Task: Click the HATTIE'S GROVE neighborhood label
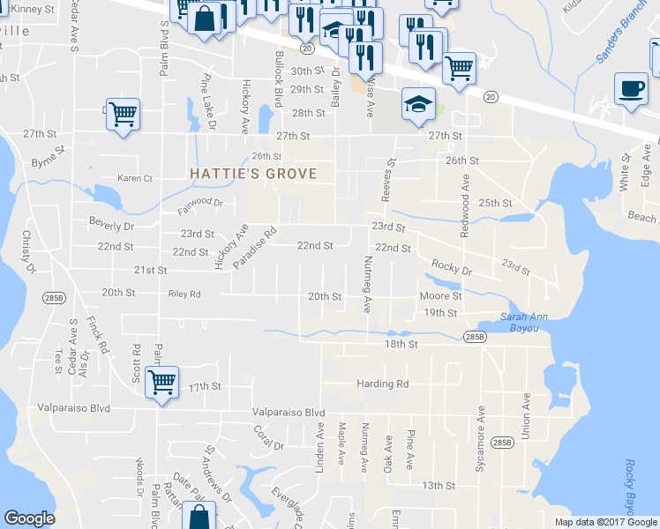pyautogui.click(x=253, y=174)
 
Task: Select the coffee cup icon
pyautogui.click(x=631, y=90)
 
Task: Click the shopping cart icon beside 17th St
pyautogui.click(x=161, y=384)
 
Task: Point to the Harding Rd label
pyautogui.click(x=383, y=384)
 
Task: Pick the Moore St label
pyautogui.click(x=441, y=296)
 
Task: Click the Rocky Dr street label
pyautogui.click(x=452, y=265)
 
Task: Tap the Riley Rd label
pyautogui.click(x=184, y=294)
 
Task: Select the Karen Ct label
pyautogui.click(x=135, y=178)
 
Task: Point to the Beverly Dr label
pyautogui.click(x=110, y=226)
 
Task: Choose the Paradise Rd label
pyautogui.click(x=255, y=248)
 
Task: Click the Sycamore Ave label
pyautogui.click(x=481, y=451)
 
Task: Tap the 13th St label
pyautogui.click(x=438, y=486)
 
